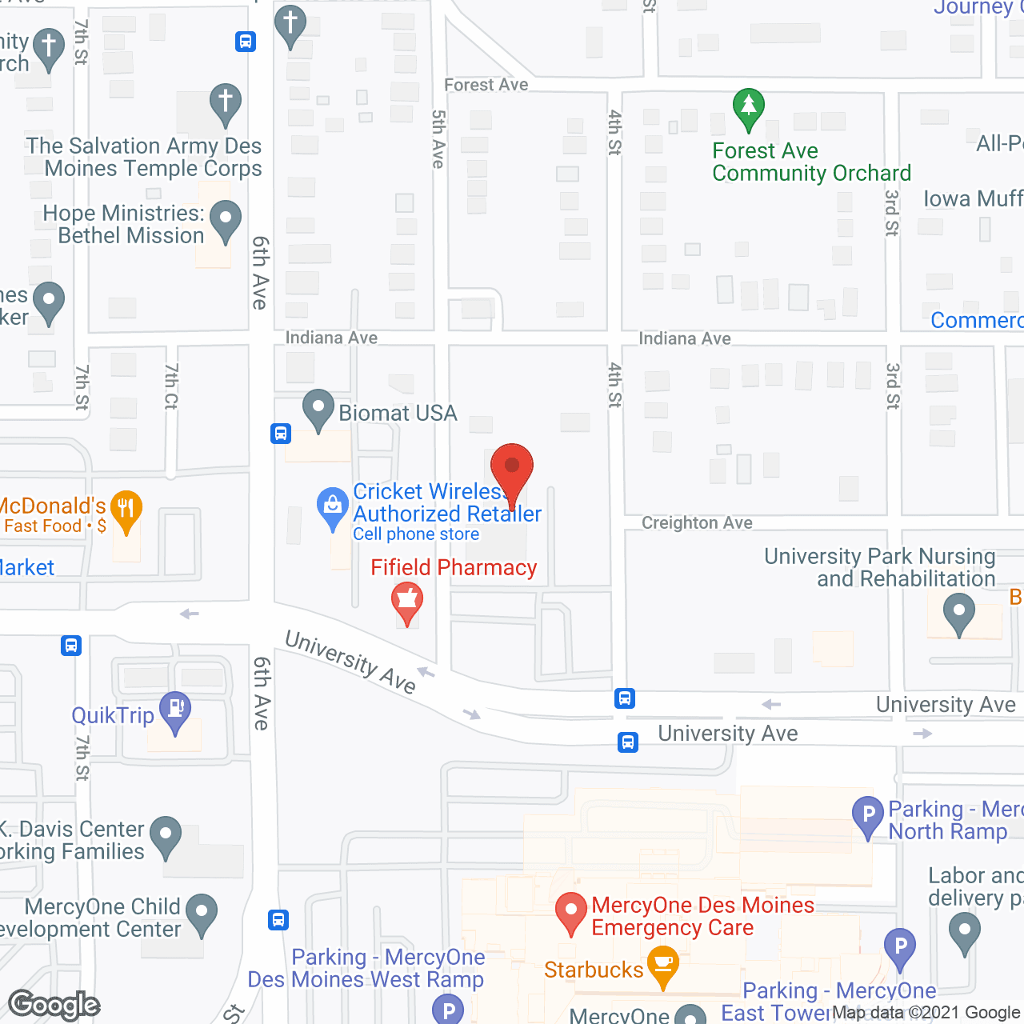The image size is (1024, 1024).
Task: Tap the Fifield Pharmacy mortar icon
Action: point(407,601)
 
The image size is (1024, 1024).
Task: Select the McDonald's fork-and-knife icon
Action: point(126,509)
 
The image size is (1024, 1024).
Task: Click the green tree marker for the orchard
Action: point(748,107)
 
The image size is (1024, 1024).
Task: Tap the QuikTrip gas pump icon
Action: point(175,710)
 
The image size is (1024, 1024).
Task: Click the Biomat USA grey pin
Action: point(318,409)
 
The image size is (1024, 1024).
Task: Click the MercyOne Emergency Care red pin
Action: point(571,911)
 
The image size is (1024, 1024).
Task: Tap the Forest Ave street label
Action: point(486,85)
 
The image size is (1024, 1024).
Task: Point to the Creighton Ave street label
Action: point(697,523)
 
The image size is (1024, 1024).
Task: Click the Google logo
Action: point(54,1005)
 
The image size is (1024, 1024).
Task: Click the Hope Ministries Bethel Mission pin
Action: point(226,219)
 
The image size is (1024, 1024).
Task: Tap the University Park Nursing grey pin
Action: point(958,614)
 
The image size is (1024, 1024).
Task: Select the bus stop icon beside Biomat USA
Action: point(280,434)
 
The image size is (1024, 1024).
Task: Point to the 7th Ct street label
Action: point(171,386)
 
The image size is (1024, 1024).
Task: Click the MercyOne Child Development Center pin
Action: point(202,913)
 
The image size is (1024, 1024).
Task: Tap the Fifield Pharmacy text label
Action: point(454,567)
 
